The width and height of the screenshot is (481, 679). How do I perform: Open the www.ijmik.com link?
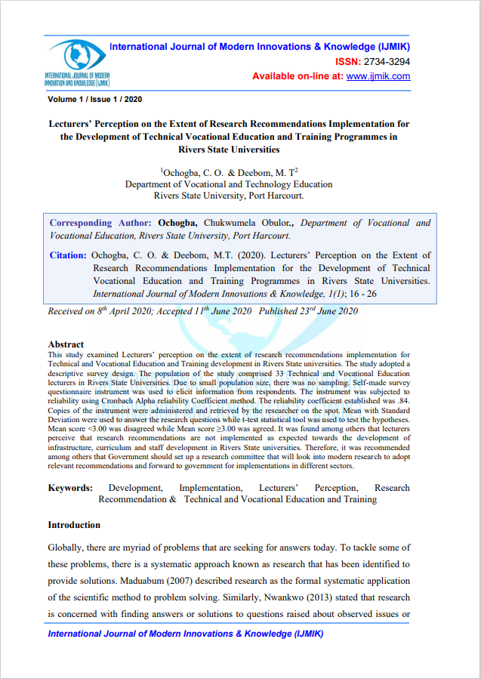tap(379, 76)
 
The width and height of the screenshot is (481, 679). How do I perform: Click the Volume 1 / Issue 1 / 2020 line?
tap(94, 99)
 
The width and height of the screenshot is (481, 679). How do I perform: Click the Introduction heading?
tap(74, 525)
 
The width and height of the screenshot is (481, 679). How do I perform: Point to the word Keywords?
tap(70, 488)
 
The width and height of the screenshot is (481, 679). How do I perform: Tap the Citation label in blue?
tap(68, 255)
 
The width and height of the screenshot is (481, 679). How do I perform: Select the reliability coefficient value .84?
tap(402, 403)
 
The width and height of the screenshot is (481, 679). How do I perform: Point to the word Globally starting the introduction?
tap(69, 547)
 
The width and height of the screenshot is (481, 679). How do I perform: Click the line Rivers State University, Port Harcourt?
tap(229, 195)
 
